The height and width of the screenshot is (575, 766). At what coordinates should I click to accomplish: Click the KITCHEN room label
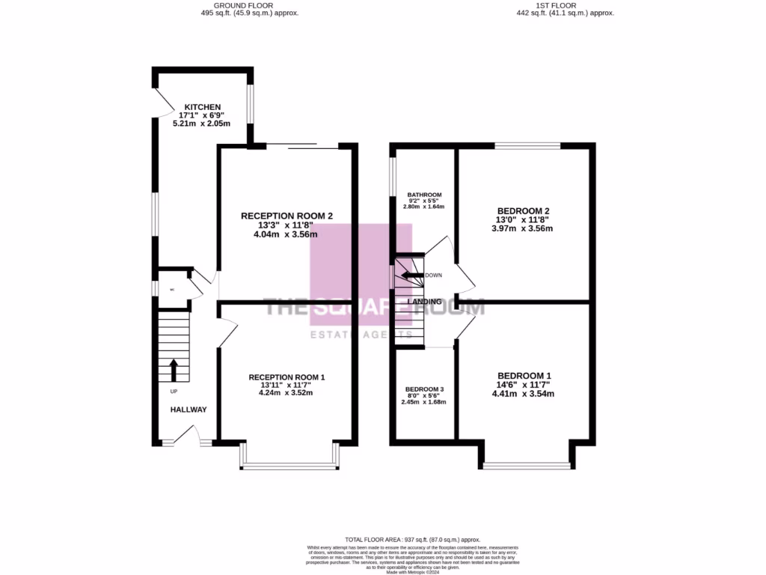tap(203, 107)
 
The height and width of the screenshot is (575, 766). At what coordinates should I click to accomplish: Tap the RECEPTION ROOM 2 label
tap(286, 216)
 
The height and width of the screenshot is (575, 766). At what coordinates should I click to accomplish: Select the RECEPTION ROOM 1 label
tap(287, 377)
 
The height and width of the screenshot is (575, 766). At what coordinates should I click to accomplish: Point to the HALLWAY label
tap(188, 410)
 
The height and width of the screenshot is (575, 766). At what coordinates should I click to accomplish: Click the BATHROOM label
tap(424, 195)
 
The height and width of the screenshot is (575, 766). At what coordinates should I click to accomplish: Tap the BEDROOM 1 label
tap(524, 376)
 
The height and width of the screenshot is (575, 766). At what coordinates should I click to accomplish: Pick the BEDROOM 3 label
tap(425, 389)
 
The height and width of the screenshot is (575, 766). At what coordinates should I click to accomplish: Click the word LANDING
tap(424, 302)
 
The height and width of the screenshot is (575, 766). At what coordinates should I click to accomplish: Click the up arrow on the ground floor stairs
tap(174, 370)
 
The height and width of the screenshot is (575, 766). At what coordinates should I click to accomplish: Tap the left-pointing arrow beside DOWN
tap(408, 275)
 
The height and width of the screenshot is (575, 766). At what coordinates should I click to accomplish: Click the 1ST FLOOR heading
tap(556, 5)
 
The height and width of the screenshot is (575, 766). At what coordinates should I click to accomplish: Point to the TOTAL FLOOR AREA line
tap(412, 540)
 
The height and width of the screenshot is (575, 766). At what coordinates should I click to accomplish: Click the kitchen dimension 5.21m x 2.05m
tap(203, 124)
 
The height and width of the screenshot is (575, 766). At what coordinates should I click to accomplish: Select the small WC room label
tap(171, 290)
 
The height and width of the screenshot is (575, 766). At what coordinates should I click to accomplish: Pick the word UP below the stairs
tap(174, 392)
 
